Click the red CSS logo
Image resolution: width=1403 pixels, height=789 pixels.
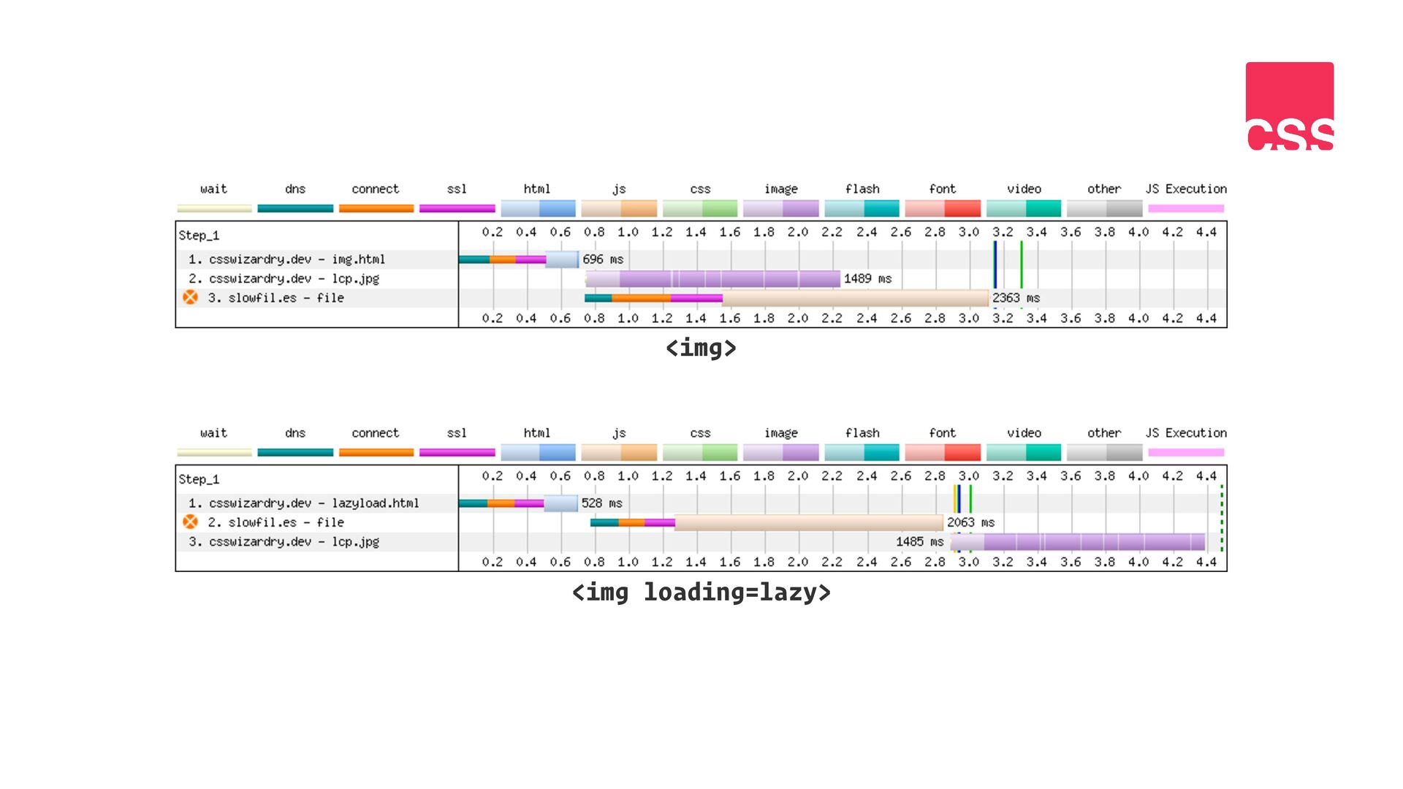pyautogui.click(x=1290, y=106)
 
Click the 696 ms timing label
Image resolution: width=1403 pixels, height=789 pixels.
pyautogui.click(x=603, y=259)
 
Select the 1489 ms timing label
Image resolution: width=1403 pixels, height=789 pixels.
pyautogui.click(x=867, y=278)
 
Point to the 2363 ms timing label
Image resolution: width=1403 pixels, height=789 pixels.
pyautogui.click(x=1016, y=298)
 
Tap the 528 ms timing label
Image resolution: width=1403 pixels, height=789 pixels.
pyautogui.click(x=601, y=503)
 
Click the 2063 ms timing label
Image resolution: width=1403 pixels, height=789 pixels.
pyautogui.click(x=971, y=522)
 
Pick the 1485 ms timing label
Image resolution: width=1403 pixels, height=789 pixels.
pyautogui.click(x=920, y=541)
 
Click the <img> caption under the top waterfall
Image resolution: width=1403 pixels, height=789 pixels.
pyautogui.click(x=701, y=348)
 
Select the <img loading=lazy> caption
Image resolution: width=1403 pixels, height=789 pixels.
pyautogui.click(x=701, y=592)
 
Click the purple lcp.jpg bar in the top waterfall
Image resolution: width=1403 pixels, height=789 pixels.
pyautogui.click(x=713, y=278)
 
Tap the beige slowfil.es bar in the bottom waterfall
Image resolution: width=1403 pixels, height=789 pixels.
pyautogui.click(x=809, y=522)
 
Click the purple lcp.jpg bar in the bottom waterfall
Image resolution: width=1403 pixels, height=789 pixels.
pyautogui.click(x=1078, y=541)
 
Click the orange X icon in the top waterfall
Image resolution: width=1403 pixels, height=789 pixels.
pyautogui.click(x=190, y=297)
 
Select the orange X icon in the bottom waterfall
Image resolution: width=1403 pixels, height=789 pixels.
pyautogui.click(x=190, y=522)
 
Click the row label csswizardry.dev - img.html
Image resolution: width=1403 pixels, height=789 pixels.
pyautogui.click(x=286, y=259)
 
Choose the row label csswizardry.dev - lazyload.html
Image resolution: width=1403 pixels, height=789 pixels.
pyautogui.click(x=303, y=503)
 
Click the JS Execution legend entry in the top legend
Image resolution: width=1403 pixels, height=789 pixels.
pyautogui.click(x=1186, y=198)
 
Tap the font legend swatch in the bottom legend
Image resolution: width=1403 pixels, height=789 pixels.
pyautogui.click(x=943, y=452)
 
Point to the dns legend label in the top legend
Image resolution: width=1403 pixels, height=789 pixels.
pyautogui.click(x=295, y=188)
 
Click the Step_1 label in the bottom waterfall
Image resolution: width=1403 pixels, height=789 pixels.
pyautogui.click(x=199, y=479)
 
